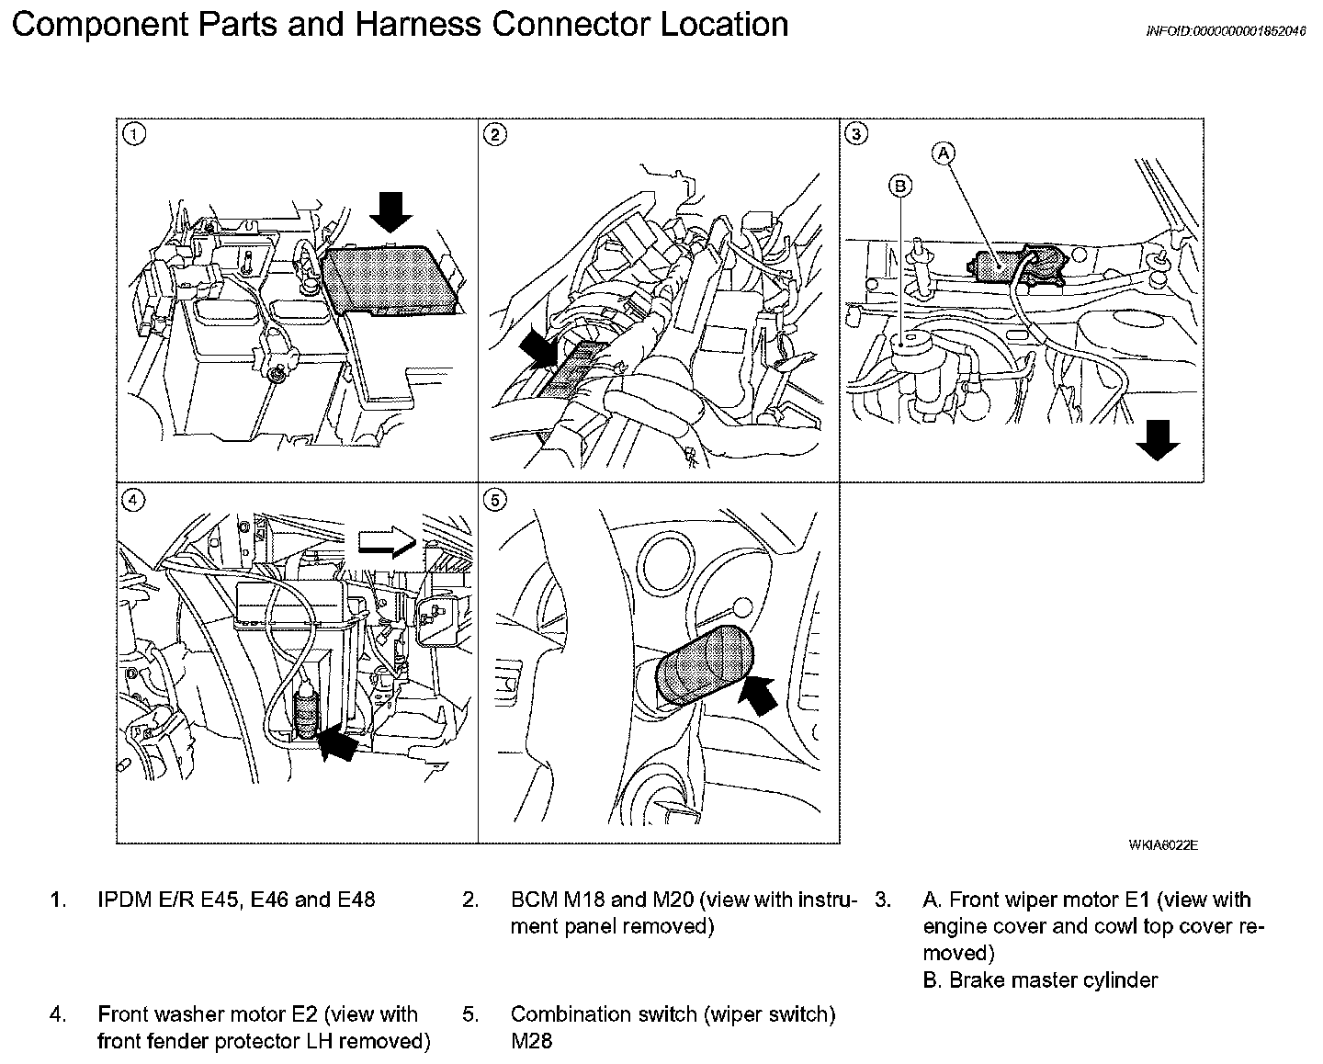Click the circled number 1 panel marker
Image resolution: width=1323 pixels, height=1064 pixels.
click(x=135, y=135)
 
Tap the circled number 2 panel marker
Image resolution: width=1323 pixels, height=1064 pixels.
click(x=495, y=135)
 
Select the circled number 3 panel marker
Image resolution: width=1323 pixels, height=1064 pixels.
click(x=856, y=135)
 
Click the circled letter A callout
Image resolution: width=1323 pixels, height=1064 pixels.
click(x=944, y=153)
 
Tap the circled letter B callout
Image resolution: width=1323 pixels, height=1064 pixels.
click(x=900, y=187)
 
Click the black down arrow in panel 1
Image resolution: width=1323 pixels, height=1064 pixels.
click(x=392, y=213)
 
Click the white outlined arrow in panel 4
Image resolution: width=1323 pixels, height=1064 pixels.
click(x=387, y=544)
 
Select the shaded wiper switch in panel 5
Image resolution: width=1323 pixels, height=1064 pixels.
click(x=702, y=665)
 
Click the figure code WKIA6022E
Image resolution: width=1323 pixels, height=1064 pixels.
click(x=1163, y=845)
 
